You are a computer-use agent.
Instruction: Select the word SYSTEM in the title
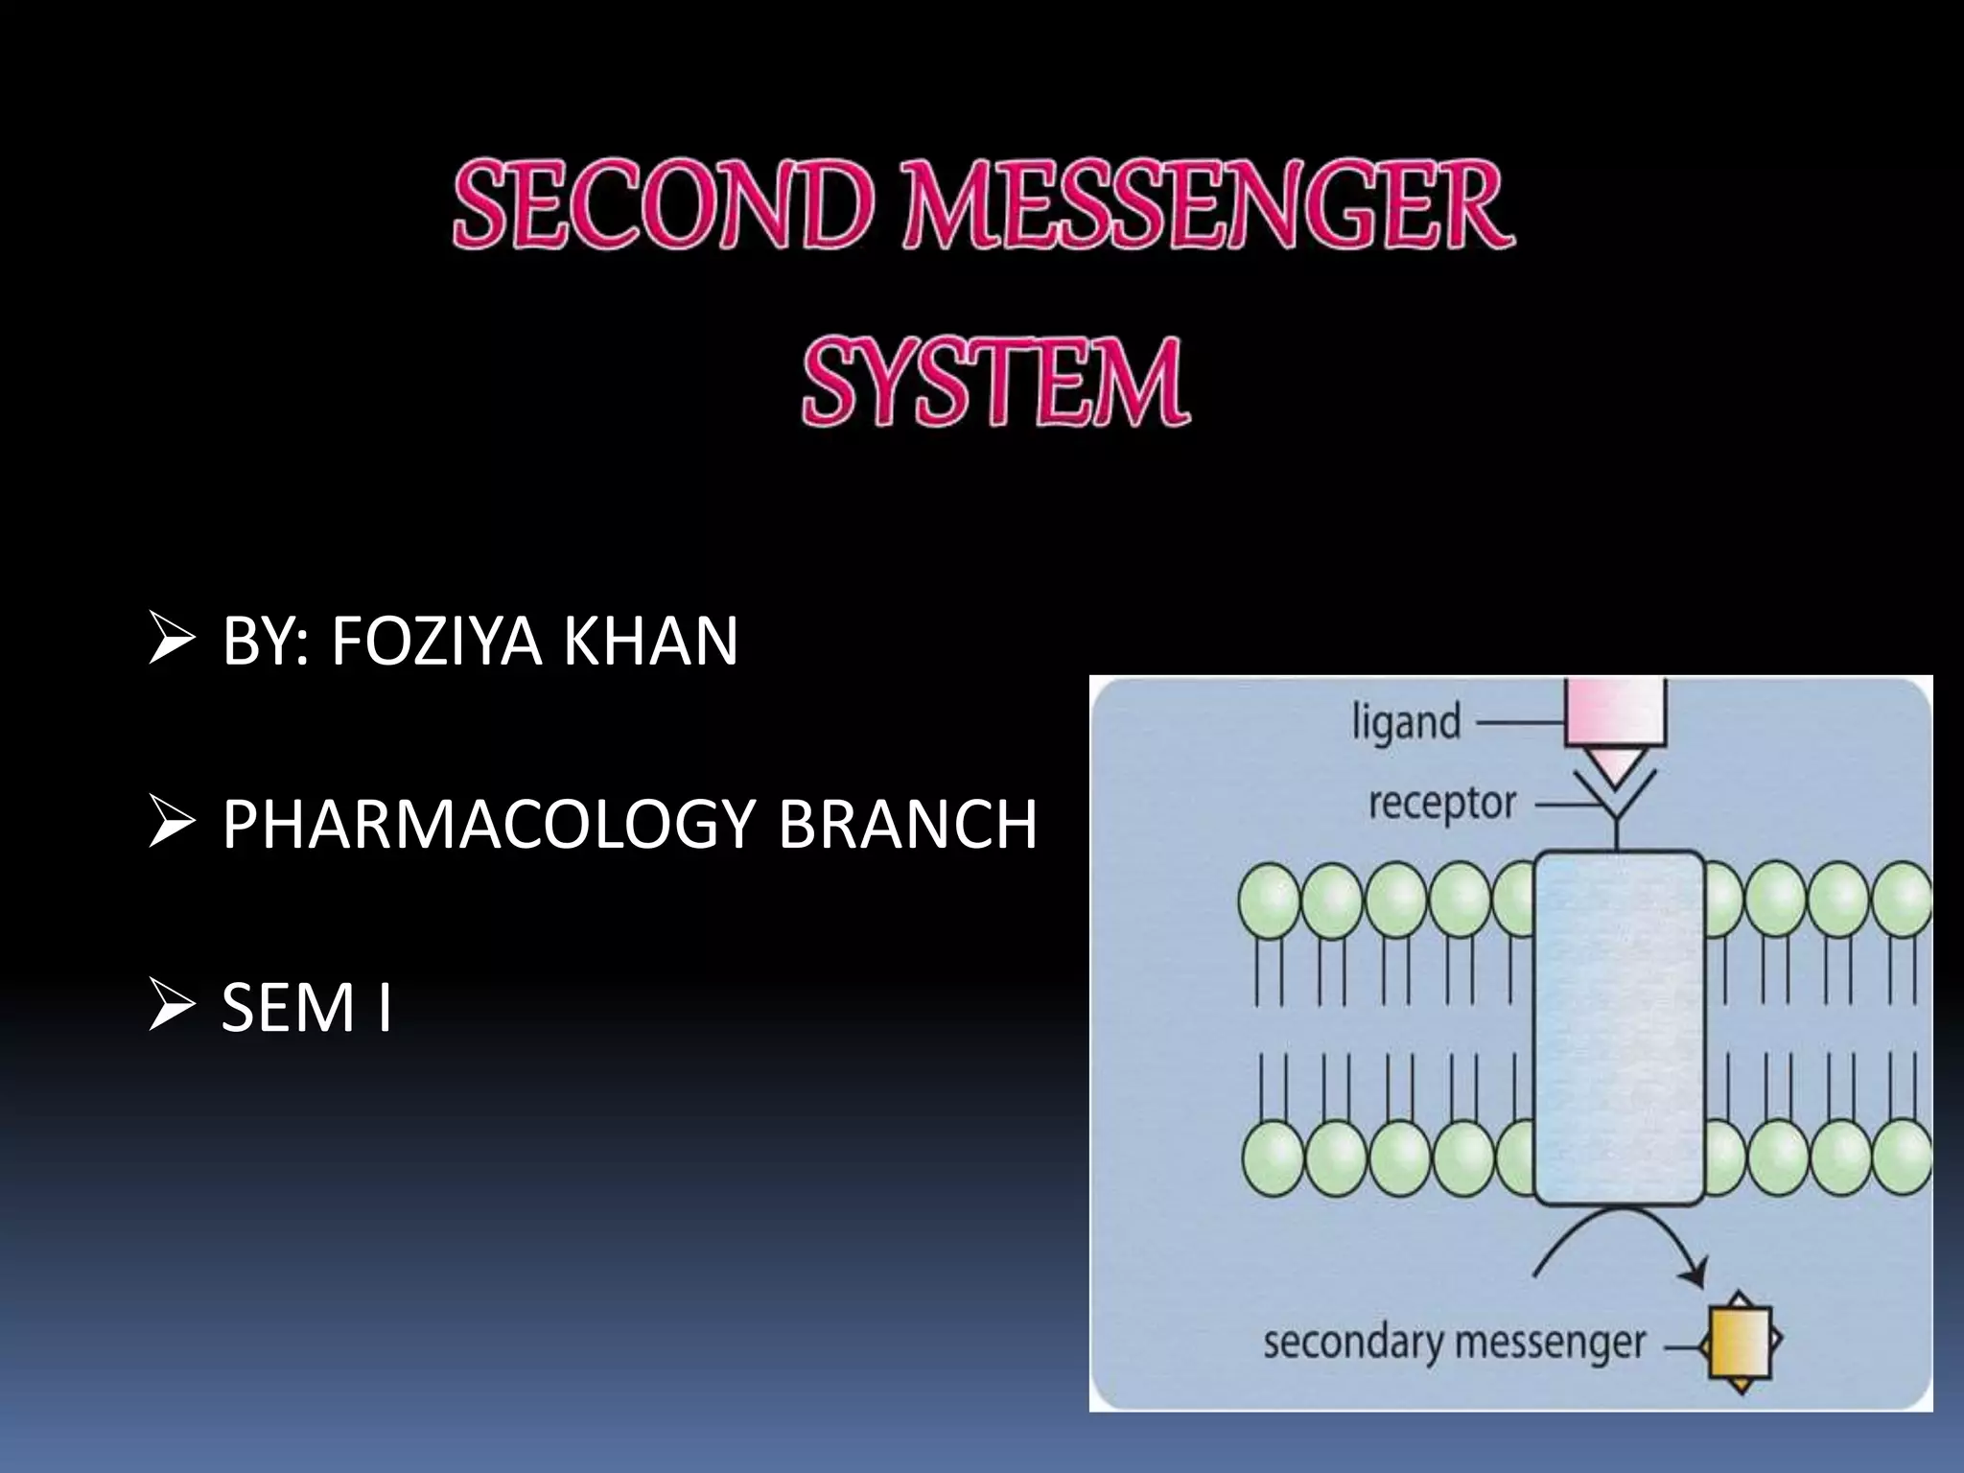click(995, 382)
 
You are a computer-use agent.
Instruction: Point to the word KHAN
click(650, 641)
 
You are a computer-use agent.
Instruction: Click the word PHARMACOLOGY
click(488, 824)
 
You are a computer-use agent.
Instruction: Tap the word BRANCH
click(906, 824)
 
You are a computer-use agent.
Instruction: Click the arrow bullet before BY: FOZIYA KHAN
click(172, 640)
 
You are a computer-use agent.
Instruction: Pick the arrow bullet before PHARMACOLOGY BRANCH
click(172, 824)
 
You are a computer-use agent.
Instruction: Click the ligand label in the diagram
click(1406, 722)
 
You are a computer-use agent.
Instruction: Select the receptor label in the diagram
click(1442, 804)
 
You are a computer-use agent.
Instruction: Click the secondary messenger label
click(1454, 1343)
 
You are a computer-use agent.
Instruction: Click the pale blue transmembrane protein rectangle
click(1619, 1026)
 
